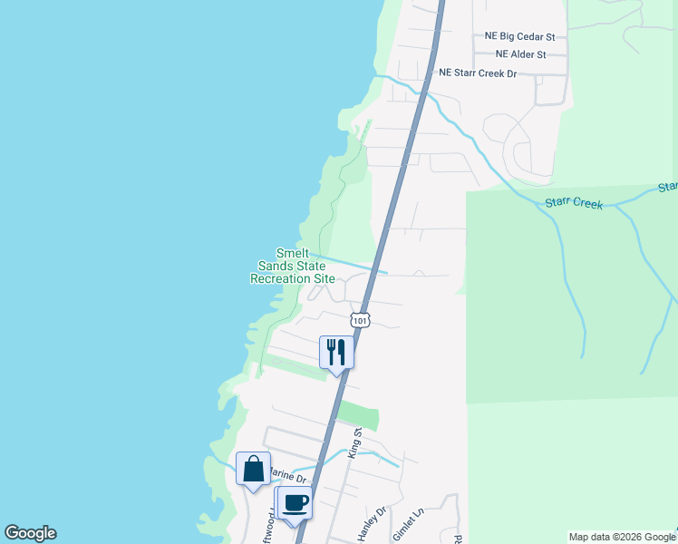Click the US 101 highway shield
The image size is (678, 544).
[361, 320]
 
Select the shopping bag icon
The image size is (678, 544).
[253, 469]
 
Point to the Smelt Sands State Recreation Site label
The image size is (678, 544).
[293, 267]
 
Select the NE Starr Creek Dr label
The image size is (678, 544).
[478, 73]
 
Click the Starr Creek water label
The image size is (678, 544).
[575, 203]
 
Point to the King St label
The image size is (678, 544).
[356, 443]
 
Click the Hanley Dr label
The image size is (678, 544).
[372, 524]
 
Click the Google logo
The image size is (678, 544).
[30, 533]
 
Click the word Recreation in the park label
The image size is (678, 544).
[280, 279]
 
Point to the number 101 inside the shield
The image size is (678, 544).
[361, 321]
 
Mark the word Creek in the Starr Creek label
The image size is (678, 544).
[587, 204]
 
